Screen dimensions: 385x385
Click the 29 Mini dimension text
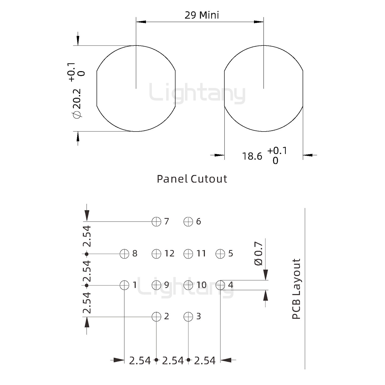tap(202, 15)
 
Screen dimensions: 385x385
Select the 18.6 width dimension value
tap(252, 156)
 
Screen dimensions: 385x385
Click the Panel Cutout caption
tap(192, 179)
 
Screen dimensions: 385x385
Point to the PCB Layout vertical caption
tap(296, 289)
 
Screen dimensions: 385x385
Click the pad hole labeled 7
tap(156, 222)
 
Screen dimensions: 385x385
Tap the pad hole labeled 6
tap(188, 222)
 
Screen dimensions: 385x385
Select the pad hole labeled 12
tap(156, 254)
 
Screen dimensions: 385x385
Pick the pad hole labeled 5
tap(220, 254)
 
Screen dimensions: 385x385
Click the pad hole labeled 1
tap(124, 285)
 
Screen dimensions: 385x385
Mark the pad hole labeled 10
tap(188, 285)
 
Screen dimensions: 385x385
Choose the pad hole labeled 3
tap(188, 317)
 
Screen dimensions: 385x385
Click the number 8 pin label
tap(135, 253)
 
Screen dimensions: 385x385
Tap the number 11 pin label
tap(201, 253)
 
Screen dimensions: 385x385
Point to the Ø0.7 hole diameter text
tap(259, 254)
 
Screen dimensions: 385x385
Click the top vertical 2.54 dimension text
tap(87, 236)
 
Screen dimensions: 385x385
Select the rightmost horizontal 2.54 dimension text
tap(205, 361)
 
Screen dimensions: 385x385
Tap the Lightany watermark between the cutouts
tap(197, 94)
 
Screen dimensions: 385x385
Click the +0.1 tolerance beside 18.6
tap(277, 151)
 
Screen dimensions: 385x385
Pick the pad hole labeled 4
tap(220, 285)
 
